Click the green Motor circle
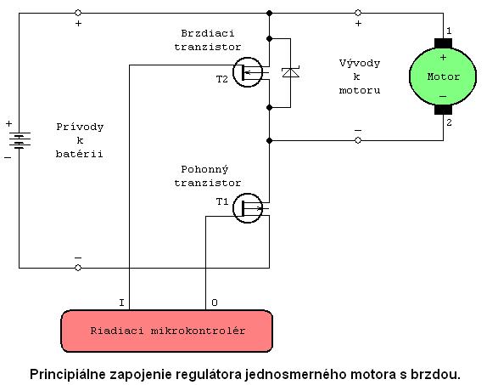443,76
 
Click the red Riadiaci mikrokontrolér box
167,331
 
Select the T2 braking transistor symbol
248,72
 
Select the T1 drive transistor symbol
248,208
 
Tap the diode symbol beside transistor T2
291,72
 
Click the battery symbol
20,140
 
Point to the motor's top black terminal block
443,43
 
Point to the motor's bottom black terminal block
443,110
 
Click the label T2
222,79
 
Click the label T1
222,201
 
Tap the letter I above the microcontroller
121,303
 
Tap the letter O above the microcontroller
215,303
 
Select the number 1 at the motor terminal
449,31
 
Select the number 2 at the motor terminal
449,122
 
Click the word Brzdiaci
208,33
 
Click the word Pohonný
204,170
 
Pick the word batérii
80,154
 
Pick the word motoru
360,90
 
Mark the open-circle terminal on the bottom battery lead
78,268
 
